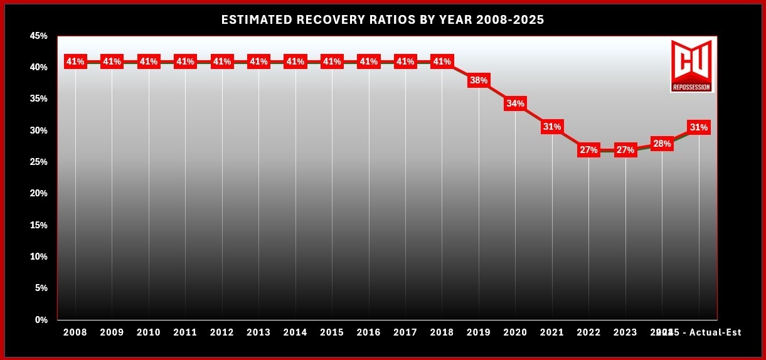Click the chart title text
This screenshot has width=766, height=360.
[x=383, y=20]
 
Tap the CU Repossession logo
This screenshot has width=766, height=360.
[x=691, y=66]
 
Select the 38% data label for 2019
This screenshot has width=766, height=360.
[x=479, y=80]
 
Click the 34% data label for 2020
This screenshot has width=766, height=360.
[x=515, y=103]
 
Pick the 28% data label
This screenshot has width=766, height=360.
[x=662, y=144]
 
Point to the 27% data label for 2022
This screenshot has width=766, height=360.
[x=588, y=150]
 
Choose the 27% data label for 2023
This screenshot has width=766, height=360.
[x=625, y=150]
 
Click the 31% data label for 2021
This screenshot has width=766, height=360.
[x=552, y=127]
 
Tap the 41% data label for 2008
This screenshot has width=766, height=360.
[x=75, y=61]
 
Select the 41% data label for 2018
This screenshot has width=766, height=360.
[x=442, y=61]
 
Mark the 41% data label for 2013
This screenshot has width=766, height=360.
[x=258, y=61]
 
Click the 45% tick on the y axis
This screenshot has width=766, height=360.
[x=38, y=36]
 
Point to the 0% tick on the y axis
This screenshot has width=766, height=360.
[x=41, y=320]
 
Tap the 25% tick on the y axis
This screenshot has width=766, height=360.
[x=38, y=162]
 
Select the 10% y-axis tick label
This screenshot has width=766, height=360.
[x=38, y=257]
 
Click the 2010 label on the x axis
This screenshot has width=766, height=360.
[x=149, y=332]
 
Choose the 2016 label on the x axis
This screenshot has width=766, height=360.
[x=368, y=332]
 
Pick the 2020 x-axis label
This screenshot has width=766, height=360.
[x=515, y=332]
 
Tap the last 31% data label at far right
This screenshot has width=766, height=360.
[x=698, y=127]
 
